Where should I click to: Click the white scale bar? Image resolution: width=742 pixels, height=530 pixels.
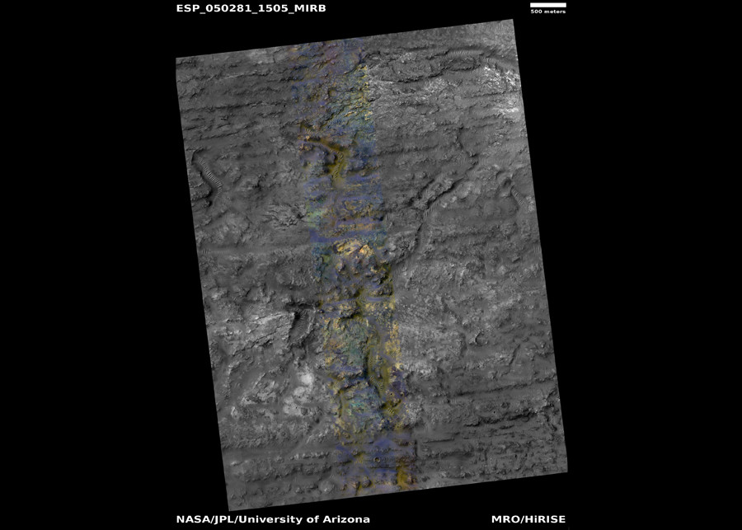(x=547, y=5)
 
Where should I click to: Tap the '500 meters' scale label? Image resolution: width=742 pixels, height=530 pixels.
(x=547, y=12)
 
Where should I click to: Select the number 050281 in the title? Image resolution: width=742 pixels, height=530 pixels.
(x=227, y=8)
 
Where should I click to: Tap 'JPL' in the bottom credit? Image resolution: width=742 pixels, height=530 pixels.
(x=227, y=519)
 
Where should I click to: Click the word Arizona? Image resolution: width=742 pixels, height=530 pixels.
(x=348, y=519)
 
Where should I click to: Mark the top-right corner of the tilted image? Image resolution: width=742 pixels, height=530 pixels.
(x=514, y=21)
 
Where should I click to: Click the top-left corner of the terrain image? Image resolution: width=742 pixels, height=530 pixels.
(x=176, y=58)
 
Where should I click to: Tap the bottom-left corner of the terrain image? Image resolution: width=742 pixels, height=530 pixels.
(x=228, y=509)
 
